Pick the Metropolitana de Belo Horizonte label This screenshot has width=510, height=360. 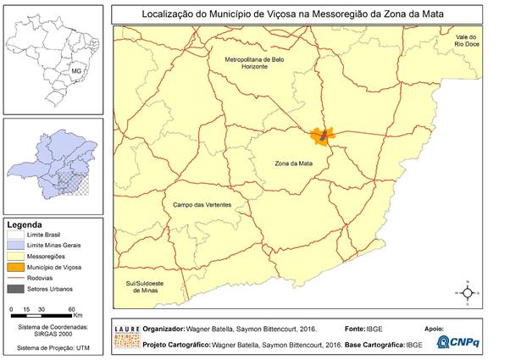pyautogui.click(x=258, y=65)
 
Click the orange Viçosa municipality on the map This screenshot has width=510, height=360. pyautogui.click(x=323, y=135)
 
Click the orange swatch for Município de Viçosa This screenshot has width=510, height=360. pyautogui.click(x=16, y=266)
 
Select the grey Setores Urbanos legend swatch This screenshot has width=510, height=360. pyautogui.click(x=16, y=289)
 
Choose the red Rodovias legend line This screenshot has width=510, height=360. pyautogui.click(x=16, y=277)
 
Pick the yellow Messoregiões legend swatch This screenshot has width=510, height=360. pyautogui.click(x=16, y=255)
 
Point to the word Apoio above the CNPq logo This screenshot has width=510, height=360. pyautogui.click(x=432, y=328)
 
